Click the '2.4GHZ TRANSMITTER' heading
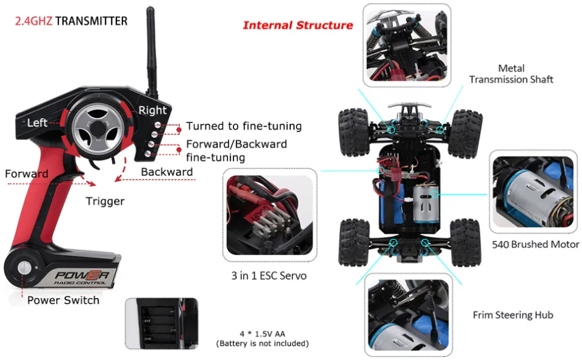click(x=71, y=21)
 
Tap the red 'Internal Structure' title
click(x=297, y=25)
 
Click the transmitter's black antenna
click(x=150, y=48)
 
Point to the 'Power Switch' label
click(x=63, y=300)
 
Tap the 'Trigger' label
click(x=105, y=201)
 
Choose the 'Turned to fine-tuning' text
click(x=244, y=126)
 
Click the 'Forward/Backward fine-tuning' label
click(x=236, y=151)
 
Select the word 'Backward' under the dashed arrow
click(x=167, y=172)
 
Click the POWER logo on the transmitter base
click(x=82, y=276)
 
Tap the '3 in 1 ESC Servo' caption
click(x=269, y=276)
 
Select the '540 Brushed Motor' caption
click(x=536, y=245)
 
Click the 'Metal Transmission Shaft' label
click(x=511, y=74)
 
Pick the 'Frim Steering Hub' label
click(x=513, y=315)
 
